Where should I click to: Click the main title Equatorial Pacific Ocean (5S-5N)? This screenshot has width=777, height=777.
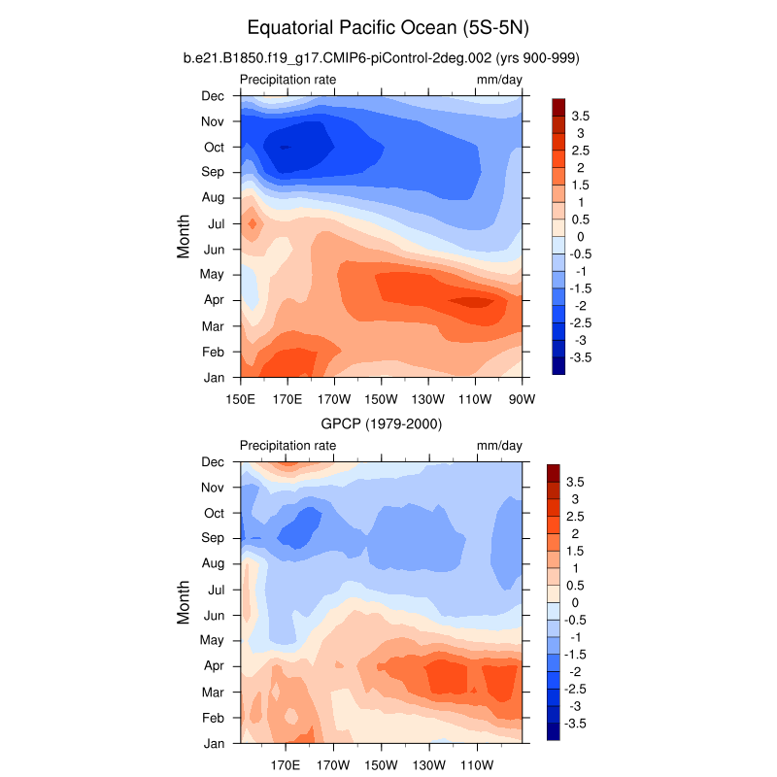[x=388, y=27]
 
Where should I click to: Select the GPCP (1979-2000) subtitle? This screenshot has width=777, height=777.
[x=383, y=423]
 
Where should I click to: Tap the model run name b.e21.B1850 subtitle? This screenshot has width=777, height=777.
[x=382, y=58]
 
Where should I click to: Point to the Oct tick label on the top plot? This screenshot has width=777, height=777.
[x=214, y=147]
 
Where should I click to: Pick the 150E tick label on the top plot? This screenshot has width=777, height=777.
[x=240, y=398]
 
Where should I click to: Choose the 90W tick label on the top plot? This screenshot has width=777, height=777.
[x=523, y=398]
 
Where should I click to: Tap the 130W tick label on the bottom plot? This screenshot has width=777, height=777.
[x=428, y=764]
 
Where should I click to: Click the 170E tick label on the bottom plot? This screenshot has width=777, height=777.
[x=287, y=764]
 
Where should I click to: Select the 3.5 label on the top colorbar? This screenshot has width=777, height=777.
[x=581, y=116]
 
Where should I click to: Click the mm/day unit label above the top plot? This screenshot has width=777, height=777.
[x=499, y=79]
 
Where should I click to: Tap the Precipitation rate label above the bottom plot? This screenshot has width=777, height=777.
[x=287, y=445]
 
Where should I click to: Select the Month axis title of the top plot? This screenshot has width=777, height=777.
[x=184, y=236]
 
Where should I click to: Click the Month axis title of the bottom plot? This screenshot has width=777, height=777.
[x=184, y=602]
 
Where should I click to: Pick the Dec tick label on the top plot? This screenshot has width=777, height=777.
[x=213, y=95]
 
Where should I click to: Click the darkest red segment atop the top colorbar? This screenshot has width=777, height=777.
[x=558, y=106]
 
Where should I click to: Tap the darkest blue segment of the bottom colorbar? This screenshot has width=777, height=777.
[x=554, y=731]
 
